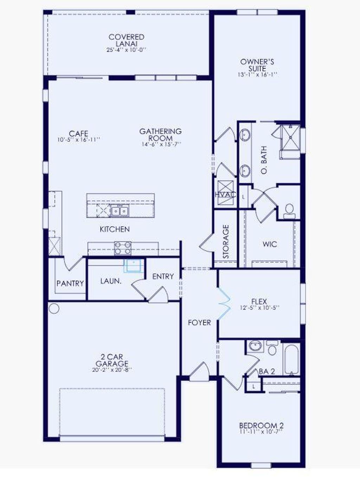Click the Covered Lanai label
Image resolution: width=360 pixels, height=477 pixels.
point(126,40)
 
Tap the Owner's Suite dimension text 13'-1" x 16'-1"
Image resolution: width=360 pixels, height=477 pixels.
point(257,75)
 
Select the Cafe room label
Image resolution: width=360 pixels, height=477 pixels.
point(78,134)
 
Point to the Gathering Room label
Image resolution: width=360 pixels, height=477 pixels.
point(160,135)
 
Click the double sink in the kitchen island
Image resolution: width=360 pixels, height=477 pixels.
point(120,211)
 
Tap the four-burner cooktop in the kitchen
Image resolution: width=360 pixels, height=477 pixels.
point(123,248)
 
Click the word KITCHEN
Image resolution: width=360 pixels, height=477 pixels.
point(115,229)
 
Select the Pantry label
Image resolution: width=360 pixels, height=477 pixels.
point(70,283)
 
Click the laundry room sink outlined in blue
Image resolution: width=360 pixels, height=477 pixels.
point(134,266)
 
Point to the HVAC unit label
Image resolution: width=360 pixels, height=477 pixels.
point(225,195)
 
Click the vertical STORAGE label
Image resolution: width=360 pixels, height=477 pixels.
point(226,241)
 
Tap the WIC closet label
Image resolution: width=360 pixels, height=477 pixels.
point(270,244)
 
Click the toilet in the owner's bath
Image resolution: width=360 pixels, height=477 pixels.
point(289,211)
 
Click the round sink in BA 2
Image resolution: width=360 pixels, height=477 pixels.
point(255,346)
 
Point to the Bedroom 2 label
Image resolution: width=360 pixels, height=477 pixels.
point(261,425)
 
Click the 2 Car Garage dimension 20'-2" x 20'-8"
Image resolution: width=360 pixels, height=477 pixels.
point(112,370)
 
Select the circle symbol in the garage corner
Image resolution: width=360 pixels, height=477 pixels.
point(54,309)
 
